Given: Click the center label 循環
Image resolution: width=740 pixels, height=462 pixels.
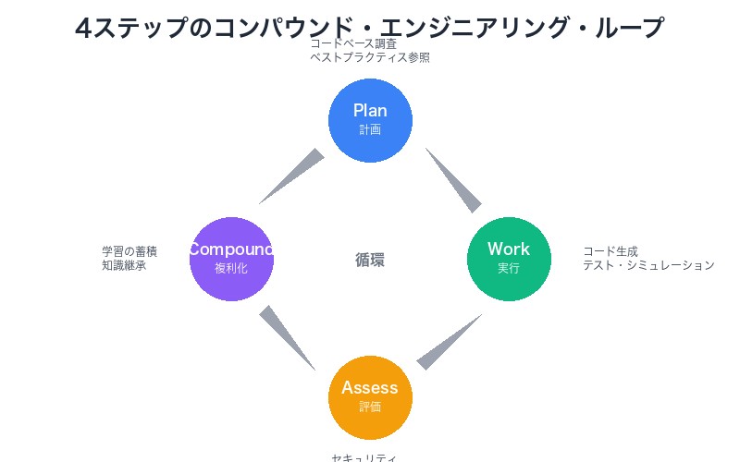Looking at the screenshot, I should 370,260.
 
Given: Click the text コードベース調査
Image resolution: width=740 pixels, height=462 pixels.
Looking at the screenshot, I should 353,43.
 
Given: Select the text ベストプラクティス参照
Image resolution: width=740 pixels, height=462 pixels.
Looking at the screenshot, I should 370,57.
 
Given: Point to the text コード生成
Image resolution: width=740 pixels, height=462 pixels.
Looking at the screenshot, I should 610,251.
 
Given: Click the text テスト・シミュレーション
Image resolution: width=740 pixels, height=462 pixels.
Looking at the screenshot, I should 648,265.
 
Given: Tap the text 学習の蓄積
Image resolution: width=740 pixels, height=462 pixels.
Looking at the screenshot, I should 129,251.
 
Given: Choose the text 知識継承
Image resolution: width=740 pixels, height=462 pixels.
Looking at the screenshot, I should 124,265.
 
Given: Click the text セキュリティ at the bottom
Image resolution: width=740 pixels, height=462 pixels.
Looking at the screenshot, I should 364,457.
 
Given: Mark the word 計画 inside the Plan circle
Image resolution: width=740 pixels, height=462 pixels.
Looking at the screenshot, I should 370,130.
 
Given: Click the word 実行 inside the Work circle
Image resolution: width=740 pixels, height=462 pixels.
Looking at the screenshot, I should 509,269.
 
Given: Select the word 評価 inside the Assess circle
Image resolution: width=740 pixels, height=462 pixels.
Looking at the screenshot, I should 370,407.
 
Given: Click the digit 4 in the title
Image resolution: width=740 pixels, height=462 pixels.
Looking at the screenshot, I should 83,29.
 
